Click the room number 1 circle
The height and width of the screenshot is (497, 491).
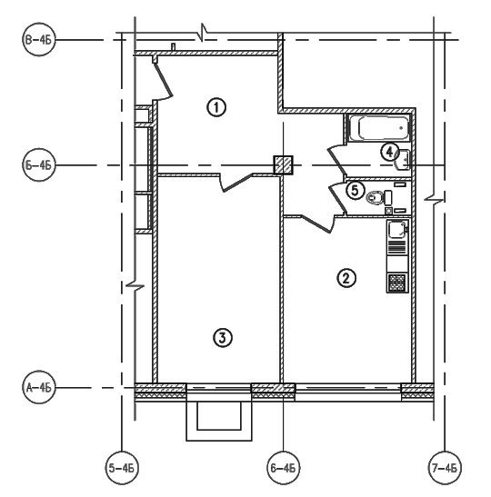coord(216,107)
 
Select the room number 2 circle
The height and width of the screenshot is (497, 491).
coord(346,278)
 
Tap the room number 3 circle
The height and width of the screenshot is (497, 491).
coord(223,338)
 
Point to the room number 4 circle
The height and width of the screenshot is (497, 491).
coord(389,152)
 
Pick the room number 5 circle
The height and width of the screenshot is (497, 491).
coord(355,191)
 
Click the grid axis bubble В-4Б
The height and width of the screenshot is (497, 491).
coord(39,40)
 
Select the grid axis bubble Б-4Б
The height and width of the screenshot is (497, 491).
coord(39,164)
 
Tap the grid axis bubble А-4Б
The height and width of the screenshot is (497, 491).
coord(39,387)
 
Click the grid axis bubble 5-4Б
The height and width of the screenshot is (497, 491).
coord(122,468)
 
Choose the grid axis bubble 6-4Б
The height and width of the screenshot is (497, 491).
coord(284,468)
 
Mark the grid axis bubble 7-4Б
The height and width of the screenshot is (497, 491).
coord(445,468)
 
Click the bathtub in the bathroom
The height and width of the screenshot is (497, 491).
coord(379,128)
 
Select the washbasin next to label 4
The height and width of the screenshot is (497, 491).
coord(403,160)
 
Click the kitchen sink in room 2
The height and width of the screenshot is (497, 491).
coord(397,230)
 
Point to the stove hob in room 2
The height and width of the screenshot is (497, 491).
coord(397,283)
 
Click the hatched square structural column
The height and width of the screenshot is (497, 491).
coord(284,164)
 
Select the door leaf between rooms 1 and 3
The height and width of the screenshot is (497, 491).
coord(238,184)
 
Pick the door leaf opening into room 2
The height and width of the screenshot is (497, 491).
coord(316,224)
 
